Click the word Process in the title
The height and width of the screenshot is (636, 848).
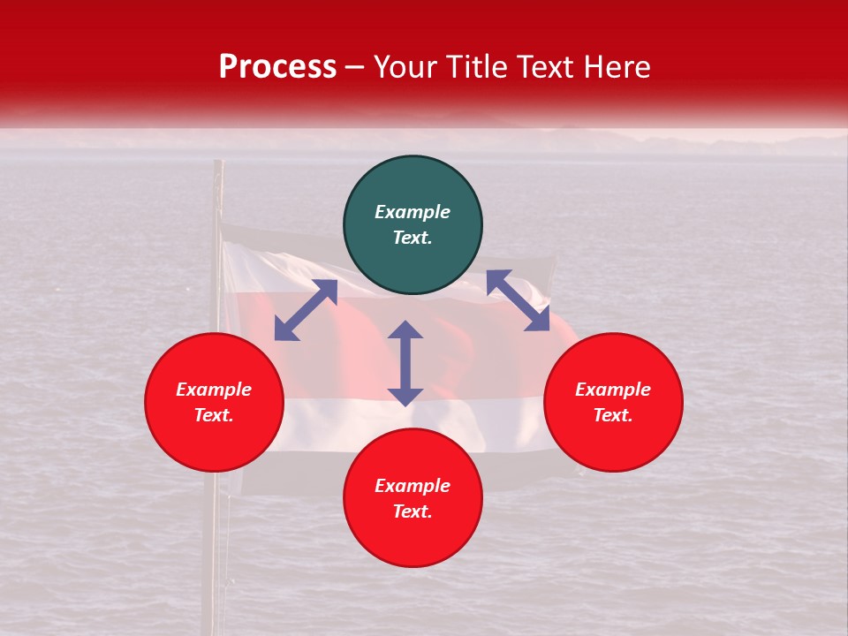tap(277, 67)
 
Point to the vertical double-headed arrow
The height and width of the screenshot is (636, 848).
tap(405, 363)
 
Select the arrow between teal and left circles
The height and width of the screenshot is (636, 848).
tap(306, 310)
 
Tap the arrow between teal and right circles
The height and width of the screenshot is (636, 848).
tap(518, 300)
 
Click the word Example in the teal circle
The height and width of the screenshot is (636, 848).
tap(413, 212)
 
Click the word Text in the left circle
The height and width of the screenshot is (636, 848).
tap(214, 415)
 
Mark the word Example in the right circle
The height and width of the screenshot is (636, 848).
tap(613, 390)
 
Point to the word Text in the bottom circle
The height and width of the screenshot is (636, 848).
tap(413, 511)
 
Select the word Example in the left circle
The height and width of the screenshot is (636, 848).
tap(214, 390)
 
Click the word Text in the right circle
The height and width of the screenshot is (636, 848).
tap(613, 415)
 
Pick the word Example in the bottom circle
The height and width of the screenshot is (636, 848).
tap(413, 486)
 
